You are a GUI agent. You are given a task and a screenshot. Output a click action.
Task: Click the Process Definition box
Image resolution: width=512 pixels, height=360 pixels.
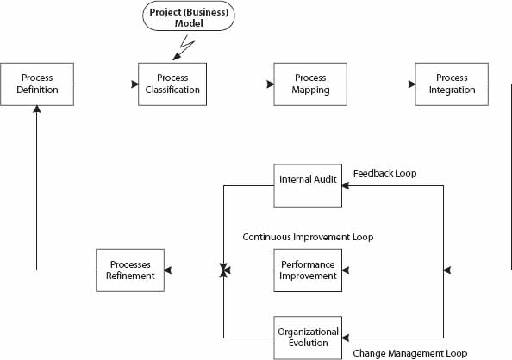click(x=37, y=84)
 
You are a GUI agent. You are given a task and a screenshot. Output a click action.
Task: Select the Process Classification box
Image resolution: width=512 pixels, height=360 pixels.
click(x=172, y=84)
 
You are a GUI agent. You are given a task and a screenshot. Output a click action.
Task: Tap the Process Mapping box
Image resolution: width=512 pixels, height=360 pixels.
click(x=309, y=84)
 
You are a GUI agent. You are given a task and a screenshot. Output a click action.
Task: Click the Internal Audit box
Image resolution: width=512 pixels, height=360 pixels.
click(x=308, y=184)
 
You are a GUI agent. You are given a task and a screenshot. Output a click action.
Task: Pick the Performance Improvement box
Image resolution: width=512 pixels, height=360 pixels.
click(x=308, y=270)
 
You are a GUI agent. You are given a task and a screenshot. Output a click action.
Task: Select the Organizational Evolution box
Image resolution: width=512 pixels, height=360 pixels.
click(x=308, y=337)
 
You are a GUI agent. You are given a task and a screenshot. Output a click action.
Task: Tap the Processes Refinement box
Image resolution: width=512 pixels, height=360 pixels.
click(x=131, y=270)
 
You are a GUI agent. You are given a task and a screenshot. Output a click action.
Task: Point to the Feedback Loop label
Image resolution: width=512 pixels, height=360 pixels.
click(x=384, y=173)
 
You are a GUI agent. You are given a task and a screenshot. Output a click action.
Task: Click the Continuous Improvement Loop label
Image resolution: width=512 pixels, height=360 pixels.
click(x=308, y=236)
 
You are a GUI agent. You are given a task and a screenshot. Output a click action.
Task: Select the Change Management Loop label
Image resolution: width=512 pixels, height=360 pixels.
click(x=409, y=353)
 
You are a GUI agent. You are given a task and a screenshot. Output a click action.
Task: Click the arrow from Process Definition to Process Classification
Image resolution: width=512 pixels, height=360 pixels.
click(x=105, y=84)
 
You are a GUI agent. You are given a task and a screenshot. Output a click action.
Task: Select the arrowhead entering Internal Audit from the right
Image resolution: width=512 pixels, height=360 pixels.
click(x=347, y=184)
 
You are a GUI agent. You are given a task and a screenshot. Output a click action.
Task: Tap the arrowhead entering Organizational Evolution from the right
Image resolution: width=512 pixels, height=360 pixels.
click(x=347, y=337)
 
